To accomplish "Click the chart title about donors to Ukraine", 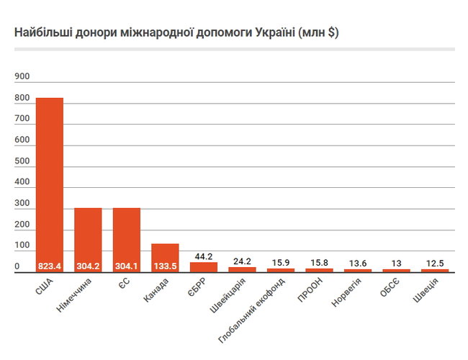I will pos(176,33).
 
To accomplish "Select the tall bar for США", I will pos(50,180).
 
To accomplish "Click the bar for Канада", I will pos(165,253).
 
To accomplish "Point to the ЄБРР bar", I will pos(203,266).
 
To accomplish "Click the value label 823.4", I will pos(50,266).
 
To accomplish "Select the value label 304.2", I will pos(88,266).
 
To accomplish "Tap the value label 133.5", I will pos(165,266).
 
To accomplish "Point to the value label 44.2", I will pos(203,256).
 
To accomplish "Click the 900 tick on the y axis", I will pos(21,76).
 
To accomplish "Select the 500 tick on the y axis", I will pos(21,161).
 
